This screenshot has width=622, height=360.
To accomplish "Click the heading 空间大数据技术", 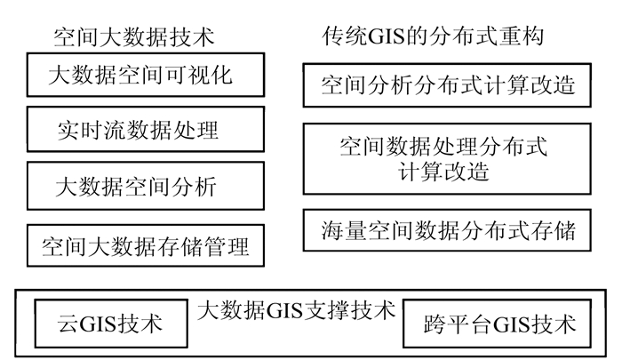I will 133,37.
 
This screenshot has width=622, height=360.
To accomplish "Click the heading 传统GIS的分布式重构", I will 433,37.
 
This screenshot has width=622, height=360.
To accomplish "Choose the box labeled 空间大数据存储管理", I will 146,243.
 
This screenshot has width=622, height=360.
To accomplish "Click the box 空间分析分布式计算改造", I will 449,87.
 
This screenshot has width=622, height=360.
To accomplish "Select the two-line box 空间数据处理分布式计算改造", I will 449,158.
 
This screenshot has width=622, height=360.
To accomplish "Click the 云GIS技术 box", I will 110,323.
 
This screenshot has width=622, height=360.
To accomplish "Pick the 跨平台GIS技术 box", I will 501,323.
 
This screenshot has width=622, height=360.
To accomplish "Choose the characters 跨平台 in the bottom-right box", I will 457,323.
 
